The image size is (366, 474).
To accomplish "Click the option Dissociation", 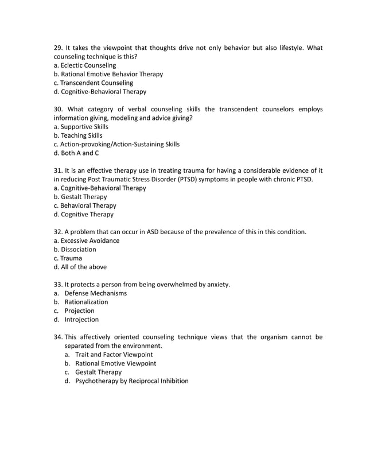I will tap(75, 250).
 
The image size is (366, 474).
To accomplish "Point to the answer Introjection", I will tap(81, 320).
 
